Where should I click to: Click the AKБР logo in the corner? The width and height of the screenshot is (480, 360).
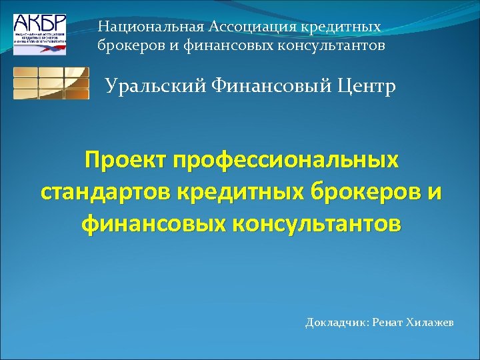coord(39,33)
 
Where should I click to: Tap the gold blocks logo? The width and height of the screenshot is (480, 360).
coord(51,83)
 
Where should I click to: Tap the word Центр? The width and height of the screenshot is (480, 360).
coord(363,87)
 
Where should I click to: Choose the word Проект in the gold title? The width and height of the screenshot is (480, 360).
coord(125,161)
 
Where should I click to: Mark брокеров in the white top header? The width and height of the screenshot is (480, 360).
coord(127,46)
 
